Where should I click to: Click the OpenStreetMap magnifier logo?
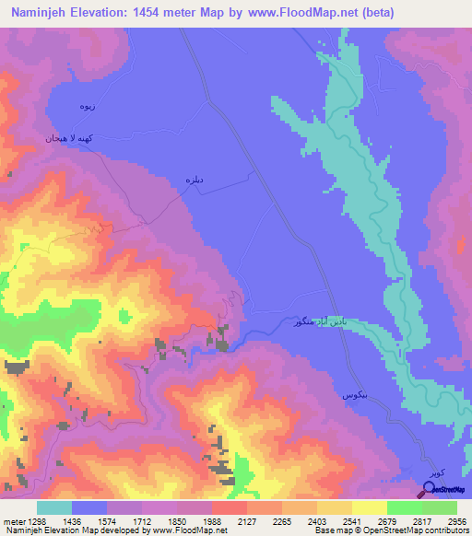pos(429,489)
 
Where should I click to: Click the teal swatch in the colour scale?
pos(54,507)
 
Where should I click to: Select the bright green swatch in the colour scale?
pos(404,507)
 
